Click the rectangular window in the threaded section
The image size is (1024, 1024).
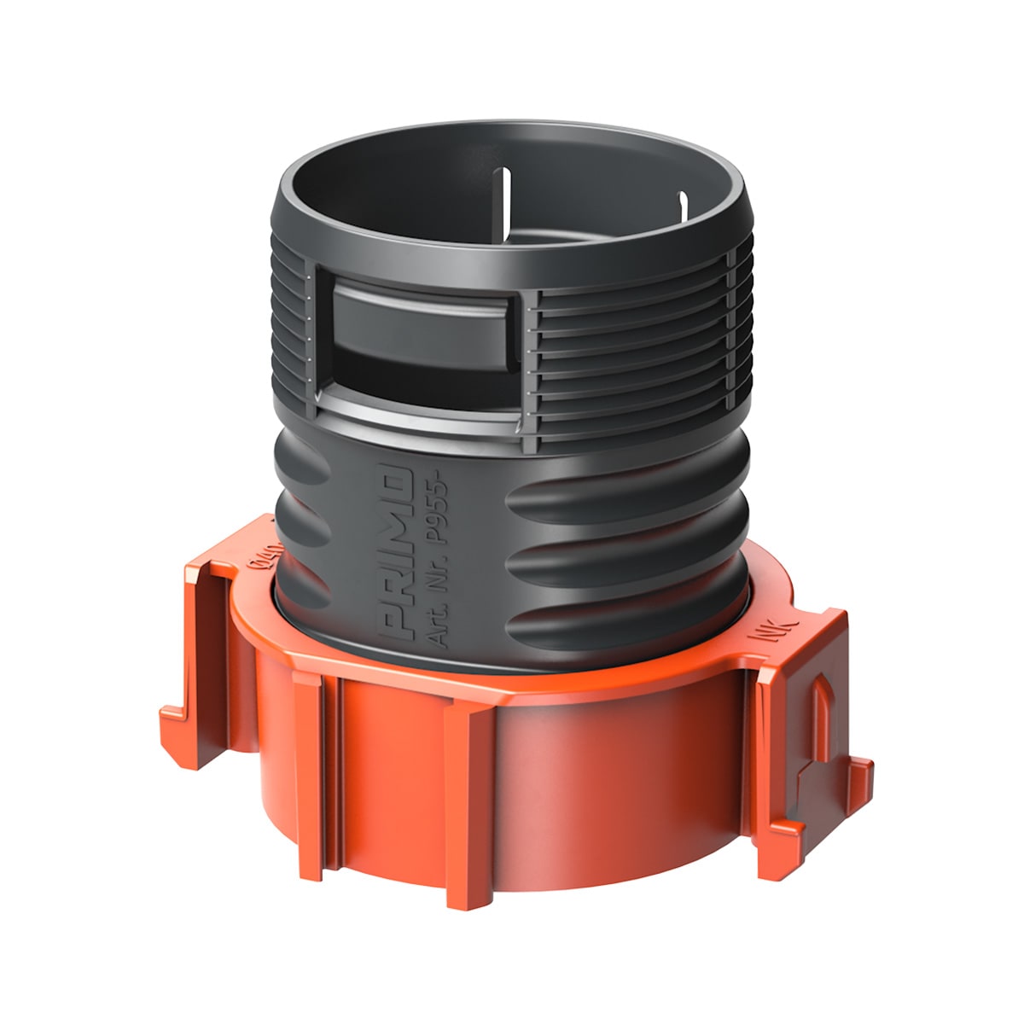pyautogui.click(x=418, y=341)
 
